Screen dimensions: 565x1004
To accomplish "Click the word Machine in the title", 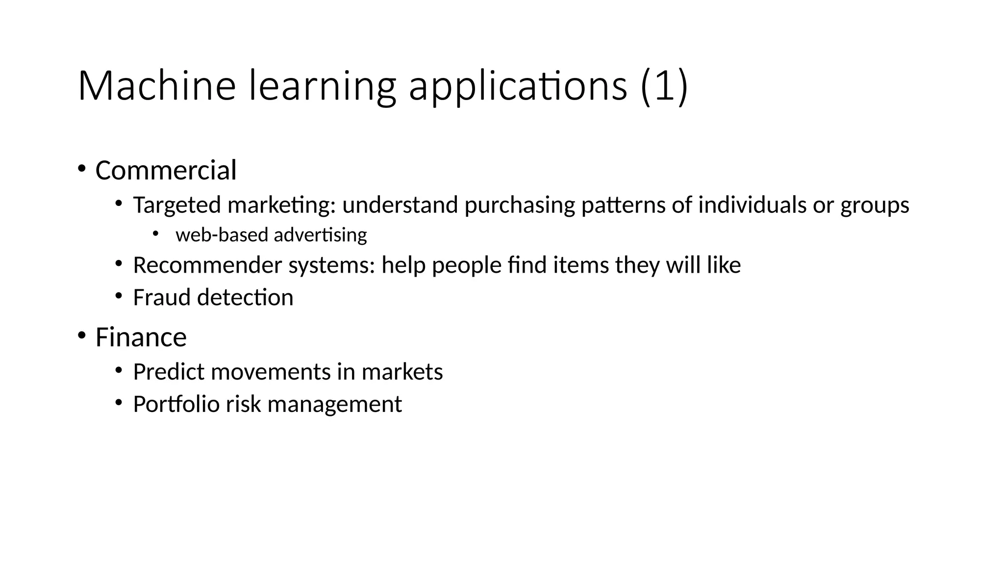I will [x=157, y=86].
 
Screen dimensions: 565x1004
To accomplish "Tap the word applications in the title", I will [x=518, y=87].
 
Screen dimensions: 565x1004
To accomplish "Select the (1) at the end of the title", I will [x=664, y=87].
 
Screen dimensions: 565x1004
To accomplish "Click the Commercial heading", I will [x=166, y=171].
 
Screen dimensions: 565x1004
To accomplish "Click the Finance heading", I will [x=141, y=337].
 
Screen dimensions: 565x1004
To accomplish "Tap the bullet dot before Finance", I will [x=81, y=336].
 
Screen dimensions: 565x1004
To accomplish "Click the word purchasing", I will [x=519, y=205].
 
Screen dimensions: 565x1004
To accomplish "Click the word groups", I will [x=875, y=205].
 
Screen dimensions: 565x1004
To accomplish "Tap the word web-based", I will [x=222, y=235].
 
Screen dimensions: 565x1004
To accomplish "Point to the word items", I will [x=581, y=265].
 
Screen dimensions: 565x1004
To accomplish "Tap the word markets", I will [x=402, y=372].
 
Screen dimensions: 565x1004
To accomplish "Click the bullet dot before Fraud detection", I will [x=119, y=296].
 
